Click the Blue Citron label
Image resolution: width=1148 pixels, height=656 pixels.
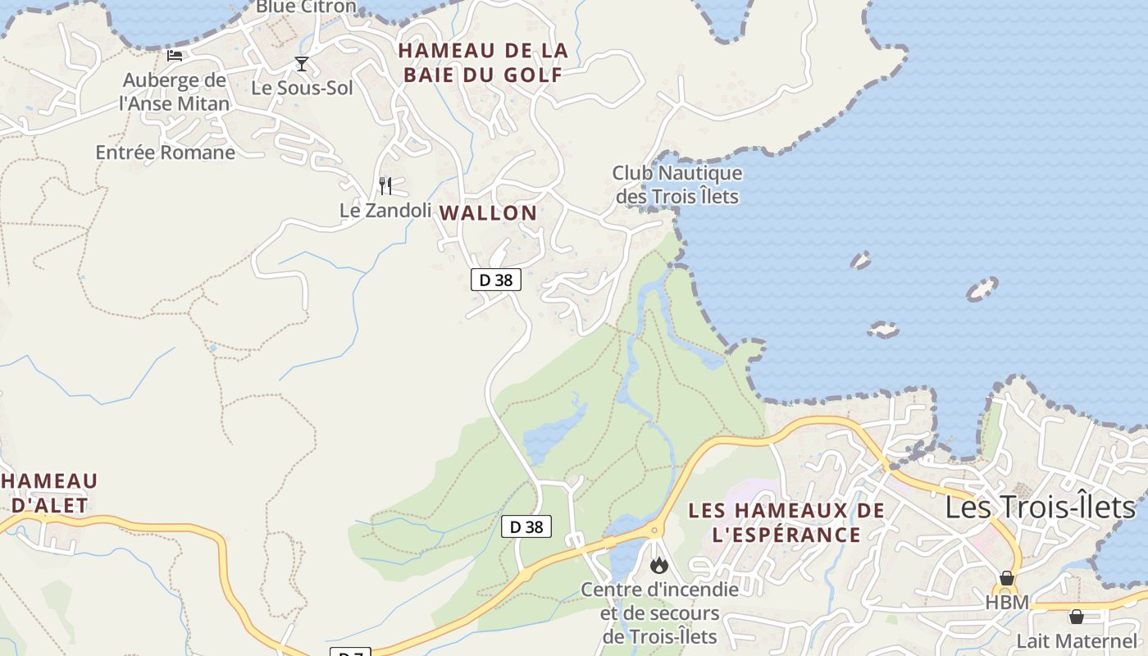coord(306,7)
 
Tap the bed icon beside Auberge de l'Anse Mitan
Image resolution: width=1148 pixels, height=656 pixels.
coord(175,56)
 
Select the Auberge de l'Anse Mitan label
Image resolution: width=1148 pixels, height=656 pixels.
coord(174,92)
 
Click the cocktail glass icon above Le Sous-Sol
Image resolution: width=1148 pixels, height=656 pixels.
coord(302,64)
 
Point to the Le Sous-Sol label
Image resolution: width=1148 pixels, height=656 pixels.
coord(302,88)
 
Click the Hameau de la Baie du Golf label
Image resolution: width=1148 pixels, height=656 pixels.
coord(483,62)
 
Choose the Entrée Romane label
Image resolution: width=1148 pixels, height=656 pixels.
coord(165,153)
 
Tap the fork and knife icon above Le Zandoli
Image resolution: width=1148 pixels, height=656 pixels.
coord(385,186)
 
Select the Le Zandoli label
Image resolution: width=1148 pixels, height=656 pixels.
coord(385,211)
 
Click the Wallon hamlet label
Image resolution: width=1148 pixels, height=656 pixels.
coord(488,213)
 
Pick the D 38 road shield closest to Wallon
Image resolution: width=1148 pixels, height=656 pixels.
coord(496,280)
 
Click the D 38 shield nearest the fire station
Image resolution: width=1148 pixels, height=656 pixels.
coord(526,526)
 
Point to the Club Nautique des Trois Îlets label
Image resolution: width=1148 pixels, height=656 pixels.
coord(677,185)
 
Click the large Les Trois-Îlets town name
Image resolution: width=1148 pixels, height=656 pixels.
coord(1040,508)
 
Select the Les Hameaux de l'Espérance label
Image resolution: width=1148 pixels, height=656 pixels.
coord(786,522)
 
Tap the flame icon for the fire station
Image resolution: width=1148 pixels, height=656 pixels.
coord(658,565)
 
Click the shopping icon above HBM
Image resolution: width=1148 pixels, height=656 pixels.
coord(1007,579)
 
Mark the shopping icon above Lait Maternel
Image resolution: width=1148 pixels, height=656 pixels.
coord(1077,617)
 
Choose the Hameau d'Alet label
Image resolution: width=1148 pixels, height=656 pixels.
coord(50,493)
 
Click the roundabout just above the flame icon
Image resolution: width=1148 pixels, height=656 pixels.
coord(654,531)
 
